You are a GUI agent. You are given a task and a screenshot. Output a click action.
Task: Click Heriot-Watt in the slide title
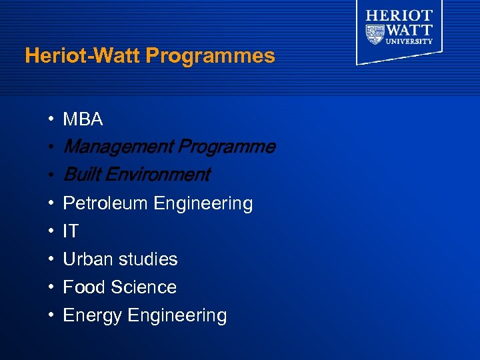click(83, 56)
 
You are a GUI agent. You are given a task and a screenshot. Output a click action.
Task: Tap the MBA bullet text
click(83, 119)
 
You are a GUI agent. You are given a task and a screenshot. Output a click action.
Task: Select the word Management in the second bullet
click(117, 147)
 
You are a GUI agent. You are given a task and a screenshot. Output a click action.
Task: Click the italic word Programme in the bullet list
click(226, 147)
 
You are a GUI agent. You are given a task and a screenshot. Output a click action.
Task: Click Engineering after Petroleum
click(203, 204)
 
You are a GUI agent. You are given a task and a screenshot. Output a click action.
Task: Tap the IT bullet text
click(71, 232)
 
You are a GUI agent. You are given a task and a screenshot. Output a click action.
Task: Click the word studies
click(147, 259)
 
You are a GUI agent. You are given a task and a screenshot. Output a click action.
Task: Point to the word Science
click(144, 287)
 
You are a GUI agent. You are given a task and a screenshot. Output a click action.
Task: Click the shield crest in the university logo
click(375, 32)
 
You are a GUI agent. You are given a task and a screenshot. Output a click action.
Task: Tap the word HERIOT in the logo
click(399, 15)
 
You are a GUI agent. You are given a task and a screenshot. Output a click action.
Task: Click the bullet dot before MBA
click(51, 120)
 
